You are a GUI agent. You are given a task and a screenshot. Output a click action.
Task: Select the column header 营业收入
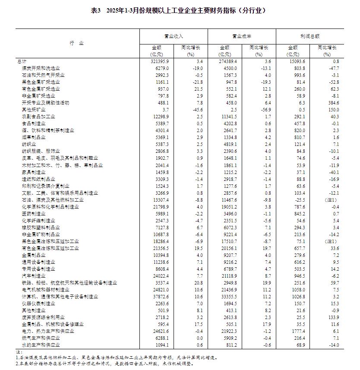click(x=174, y=36)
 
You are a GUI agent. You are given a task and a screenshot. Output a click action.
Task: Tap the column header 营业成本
click(x=242, y=36)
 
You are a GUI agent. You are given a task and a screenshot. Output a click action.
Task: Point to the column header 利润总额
click(x=310, y=36)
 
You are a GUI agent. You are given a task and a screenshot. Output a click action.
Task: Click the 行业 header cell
click(x=77, y=44)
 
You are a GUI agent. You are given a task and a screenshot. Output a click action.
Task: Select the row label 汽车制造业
click(x=34, y=275)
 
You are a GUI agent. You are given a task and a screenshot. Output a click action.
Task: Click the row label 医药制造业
click(x=34, y=213)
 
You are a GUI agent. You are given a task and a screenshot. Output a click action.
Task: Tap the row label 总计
click(x=21, y=62)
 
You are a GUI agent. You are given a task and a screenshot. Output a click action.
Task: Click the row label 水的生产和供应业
click(x=41, y=345)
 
